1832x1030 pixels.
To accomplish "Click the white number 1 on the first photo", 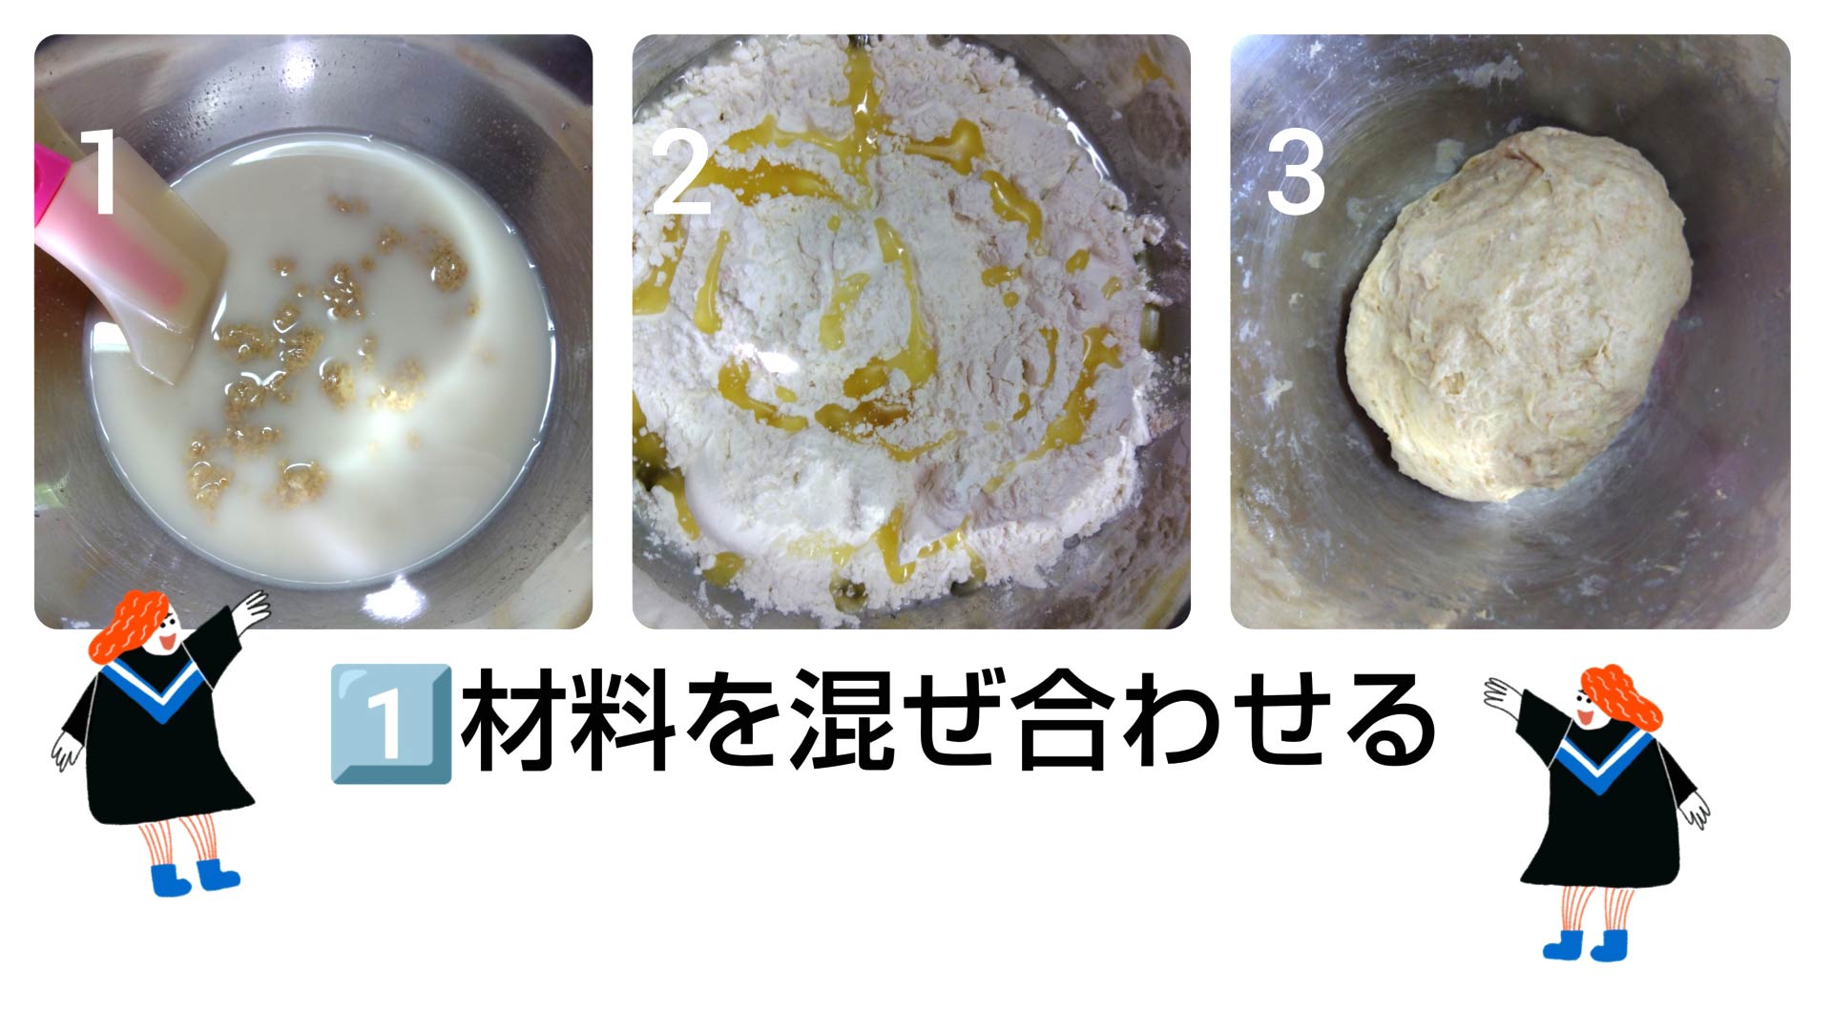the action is (x=99, y=172).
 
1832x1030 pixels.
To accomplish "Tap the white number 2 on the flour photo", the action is (x=681, y=172).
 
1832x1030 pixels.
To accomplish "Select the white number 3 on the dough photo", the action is (x=1295, y=172).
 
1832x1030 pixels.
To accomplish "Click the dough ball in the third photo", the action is (x=1518, y=315).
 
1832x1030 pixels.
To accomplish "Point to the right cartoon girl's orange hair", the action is (x=1621, y=696).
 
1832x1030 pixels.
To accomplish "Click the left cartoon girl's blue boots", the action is (x=195, y=876).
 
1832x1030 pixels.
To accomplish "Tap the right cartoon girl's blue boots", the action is (x=1585, y=944).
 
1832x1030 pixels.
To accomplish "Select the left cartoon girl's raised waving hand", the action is (x=251, y=608).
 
